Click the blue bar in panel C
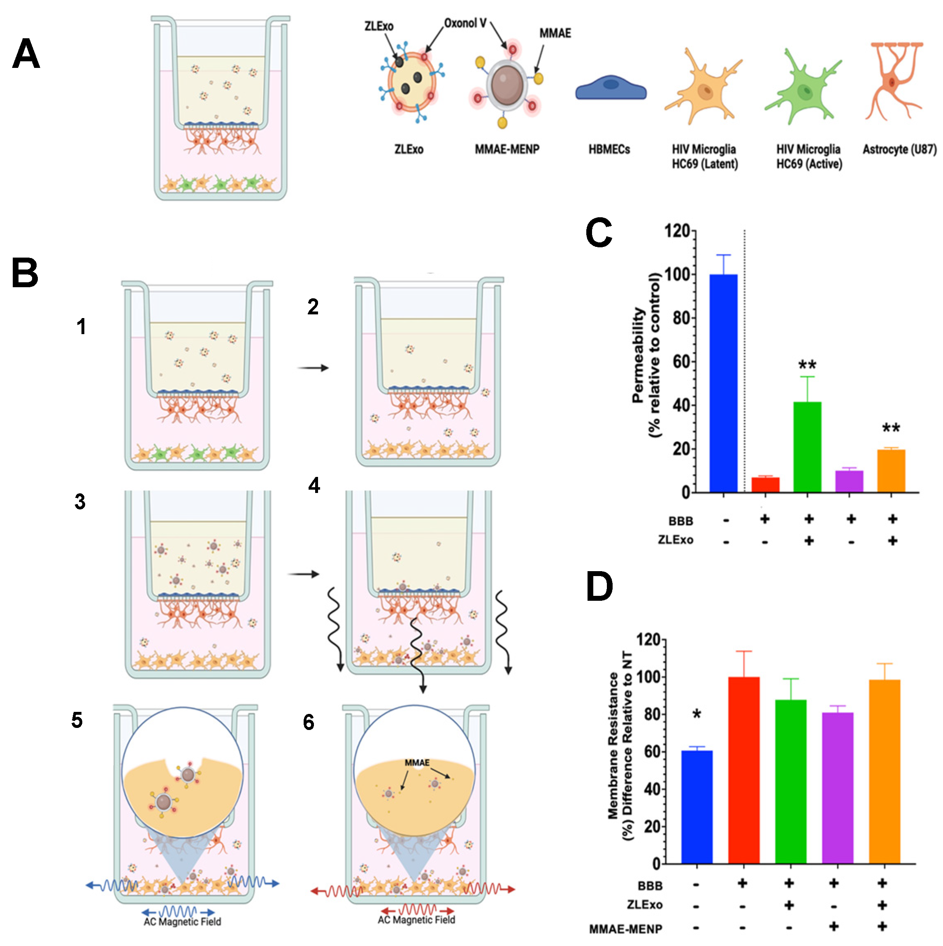pos(723,383)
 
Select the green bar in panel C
pos(807,446)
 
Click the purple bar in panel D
pos(837,788)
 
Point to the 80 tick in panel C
pos(681,318)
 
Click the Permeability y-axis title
pos(645,355)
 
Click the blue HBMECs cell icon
pos(611,88)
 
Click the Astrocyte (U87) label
pos(899,149)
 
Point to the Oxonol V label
pos(465,23)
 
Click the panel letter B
pos(25,273)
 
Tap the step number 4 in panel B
pos(314,485)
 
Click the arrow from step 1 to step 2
pos(314,368)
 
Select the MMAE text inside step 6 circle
pos(417,763)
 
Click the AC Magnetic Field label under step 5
pos(182,922)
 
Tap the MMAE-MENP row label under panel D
pos(625,929)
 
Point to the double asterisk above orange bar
pos(891,428)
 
